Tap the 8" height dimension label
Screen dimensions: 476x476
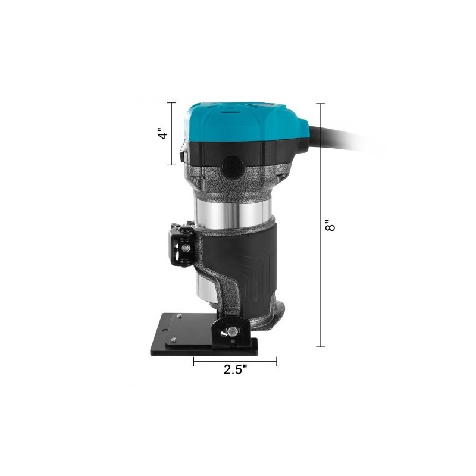click(x=330, y=226)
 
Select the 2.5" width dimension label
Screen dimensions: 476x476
click(x=236, y=369)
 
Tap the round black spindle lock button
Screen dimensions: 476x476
click(x=233, y=167)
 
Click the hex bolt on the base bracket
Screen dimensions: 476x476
click(x=233, y=331)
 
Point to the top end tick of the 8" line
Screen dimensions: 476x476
click(x=321, y=104)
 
